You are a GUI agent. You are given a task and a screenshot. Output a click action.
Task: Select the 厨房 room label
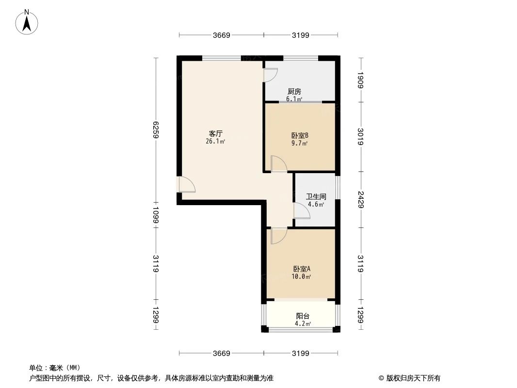294,91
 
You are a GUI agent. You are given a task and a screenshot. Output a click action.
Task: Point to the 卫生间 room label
315,197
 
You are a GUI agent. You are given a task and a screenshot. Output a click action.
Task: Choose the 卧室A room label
301,269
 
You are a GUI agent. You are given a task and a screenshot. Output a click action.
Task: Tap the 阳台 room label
302,316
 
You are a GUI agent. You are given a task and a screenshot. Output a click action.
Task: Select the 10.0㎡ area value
301,277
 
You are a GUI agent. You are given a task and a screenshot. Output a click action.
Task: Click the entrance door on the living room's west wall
186,185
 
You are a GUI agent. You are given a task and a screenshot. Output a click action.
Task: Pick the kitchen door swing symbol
270,74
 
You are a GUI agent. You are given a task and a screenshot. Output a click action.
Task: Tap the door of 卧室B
278,164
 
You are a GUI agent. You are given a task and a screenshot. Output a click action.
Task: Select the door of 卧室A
278,235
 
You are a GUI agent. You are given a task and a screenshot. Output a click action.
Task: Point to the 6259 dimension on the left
156,129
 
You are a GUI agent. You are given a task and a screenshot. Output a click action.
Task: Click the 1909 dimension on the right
360,80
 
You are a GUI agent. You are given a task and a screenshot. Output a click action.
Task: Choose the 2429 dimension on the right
360,199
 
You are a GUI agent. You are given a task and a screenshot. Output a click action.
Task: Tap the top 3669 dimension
221,35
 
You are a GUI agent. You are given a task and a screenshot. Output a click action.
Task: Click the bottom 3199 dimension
301,353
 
